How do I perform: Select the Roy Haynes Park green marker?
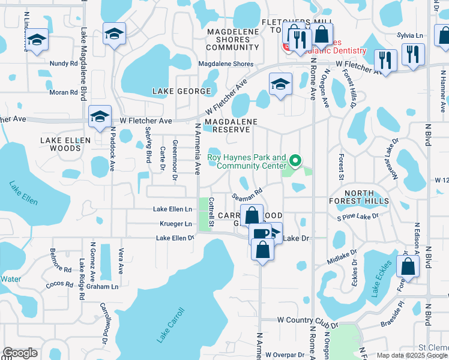click(x=295, y=161)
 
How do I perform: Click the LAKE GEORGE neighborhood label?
click(x=181, y=91)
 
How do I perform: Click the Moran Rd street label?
click(x=63, y=93)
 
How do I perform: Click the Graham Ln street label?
click(x=106, y=287)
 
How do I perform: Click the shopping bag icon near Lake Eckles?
click(x=408, y=268)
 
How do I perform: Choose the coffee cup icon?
click(x=259, y=233)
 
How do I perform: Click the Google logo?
click(x=20, y=353)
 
